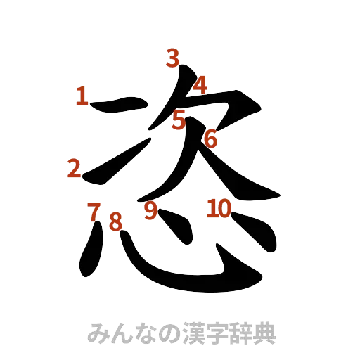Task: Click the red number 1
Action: tap(82, 96)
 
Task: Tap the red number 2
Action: tap(75, 169)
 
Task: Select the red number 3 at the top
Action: tap(172, 58)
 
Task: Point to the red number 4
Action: tap(200, 85)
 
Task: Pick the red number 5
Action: tap(179, 120)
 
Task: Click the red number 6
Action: tap(210, 139)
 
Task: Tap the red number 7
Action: tap(92, 211)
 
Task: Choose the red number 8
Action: tap(115, 221)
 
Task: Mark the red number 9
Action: tap(150, 211)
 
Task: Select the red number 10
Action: tap(219, 208)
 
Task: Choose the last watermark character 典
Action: tap(265, 333)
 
